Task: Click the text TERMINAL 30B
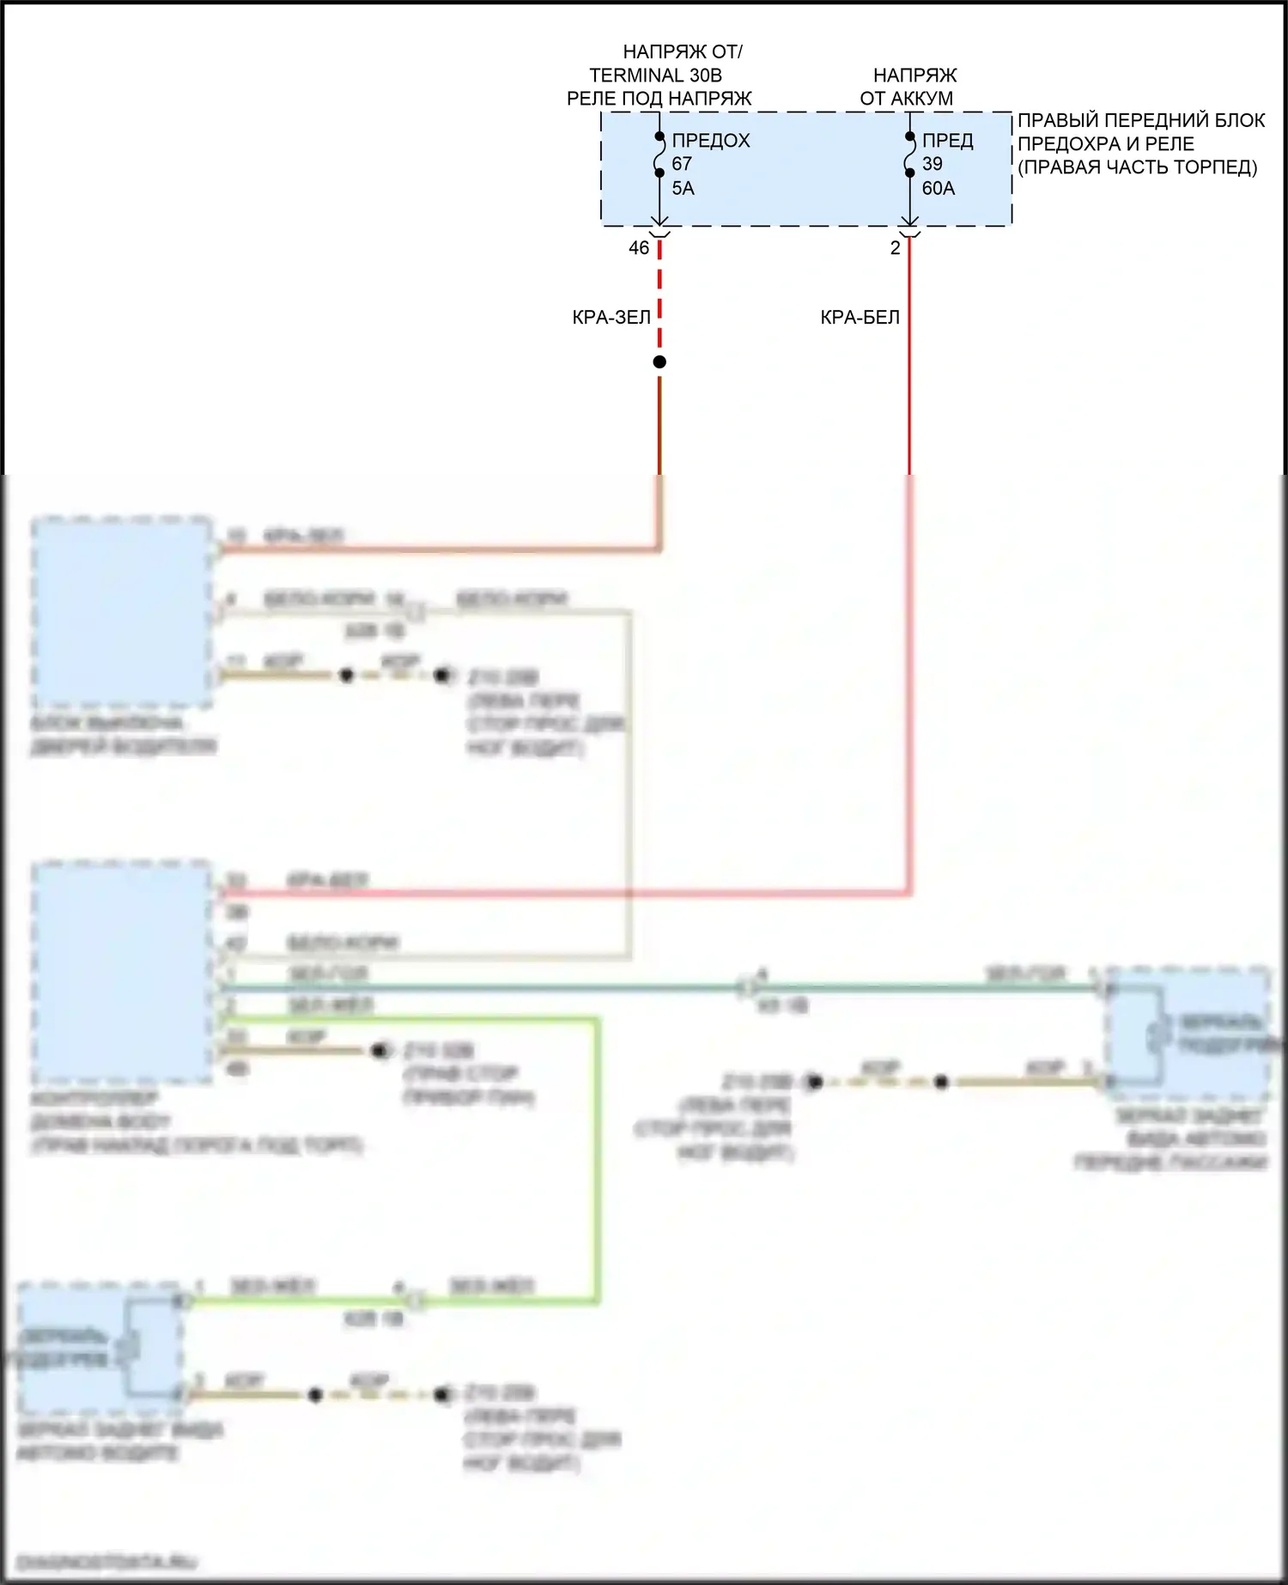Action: tap(655, 76)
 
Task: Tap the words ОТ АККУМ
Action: tap(906, 99)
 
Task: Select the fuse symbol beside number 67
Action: tap(659, 155)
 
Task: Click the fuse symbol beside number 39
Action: tap(909, 155)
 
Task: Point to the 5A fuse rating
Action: tap(683, 188)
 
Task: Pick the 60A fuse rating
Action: tap(938, 188)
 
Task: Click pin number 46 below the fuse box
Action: tap(639, 248)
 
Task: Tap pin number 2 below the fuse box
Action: tap(895, 248)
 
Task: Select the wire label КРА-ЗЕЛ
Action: tap(611, 318)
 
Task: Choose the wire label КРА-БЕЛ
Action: tap(860, 318)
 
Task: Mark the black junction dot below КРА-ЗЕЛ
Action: tap(659, 362)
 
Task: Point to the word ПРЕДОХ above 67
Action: tap(710, 141)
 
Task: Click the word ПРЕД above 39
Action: tap(947, 141)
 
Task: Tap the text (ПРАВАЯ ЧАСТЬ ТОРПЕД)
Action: tap(1137, 167)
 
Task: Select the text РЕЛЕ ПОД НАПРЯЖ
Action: tap(659, 99)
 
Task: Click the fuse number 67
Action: tap(682, 164)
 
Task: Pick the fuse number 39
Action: tap(932, 164)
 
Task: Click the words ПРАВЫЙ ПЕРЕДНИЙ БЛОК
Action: tap(1140, 120)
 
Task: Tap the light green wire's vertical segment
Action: tap(596, 1159)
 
